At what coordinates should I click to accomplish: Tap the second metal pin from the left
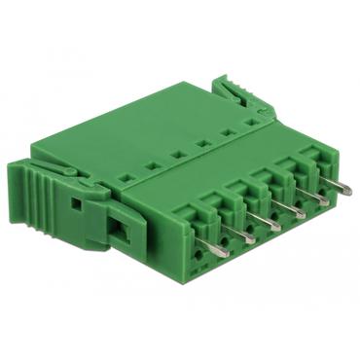[x=249, y=234]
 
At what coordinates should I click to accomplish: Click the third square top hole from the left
[x=177, y=155]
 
